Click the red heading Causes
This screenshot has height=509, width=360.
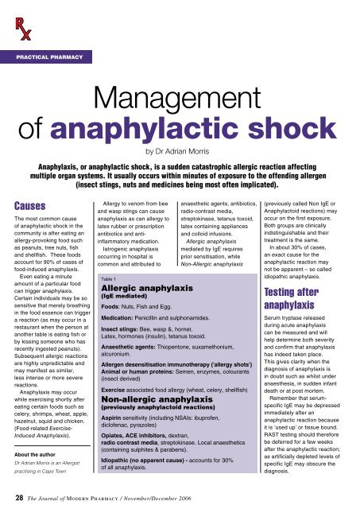pos(29,208)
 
